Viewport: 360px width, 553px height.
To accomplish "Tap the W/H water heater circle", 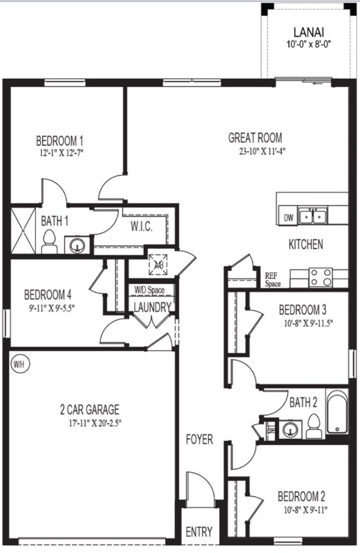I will [18, 363].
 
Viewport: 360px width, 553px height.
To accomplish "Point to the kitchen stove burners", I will [321, 276].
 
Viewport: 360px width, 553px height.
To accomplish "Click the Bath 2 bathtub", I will [337, 415].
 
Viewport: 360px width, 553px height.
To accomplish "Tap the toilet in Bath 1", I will [49, 241].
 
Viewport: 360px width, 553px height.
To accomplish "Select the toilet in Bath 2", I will [312, 427].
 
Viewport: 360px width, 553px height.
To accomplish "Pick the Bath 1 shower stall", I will [25, 230].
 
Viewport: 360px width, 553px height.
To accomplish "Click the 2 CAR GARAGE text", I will [89, 409].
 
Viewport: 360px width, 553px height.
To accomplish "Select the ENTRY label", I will [199, 532].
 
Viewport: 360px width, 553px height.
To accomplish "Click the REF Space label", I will [272, 279].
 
